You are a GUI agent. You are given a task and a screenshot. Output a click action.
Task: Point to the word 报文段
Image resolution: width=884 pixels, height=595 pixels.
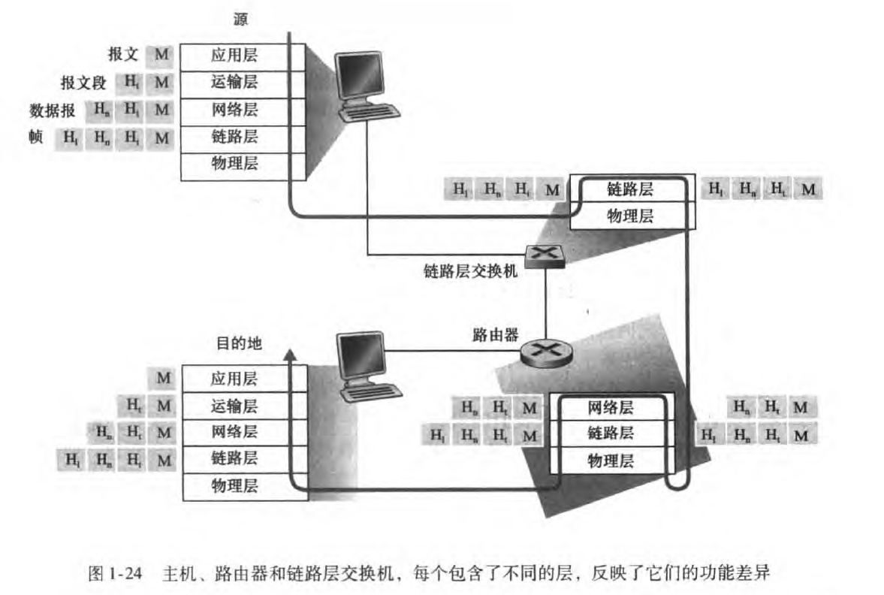83,83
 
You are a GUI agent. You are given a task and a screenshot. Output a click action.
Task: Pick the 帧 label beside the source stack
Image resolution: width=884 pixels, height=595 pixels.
35,137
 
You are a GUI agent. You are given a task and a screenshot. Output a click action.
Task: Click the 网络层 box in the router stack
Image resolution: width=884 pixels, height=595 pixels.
610,408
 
